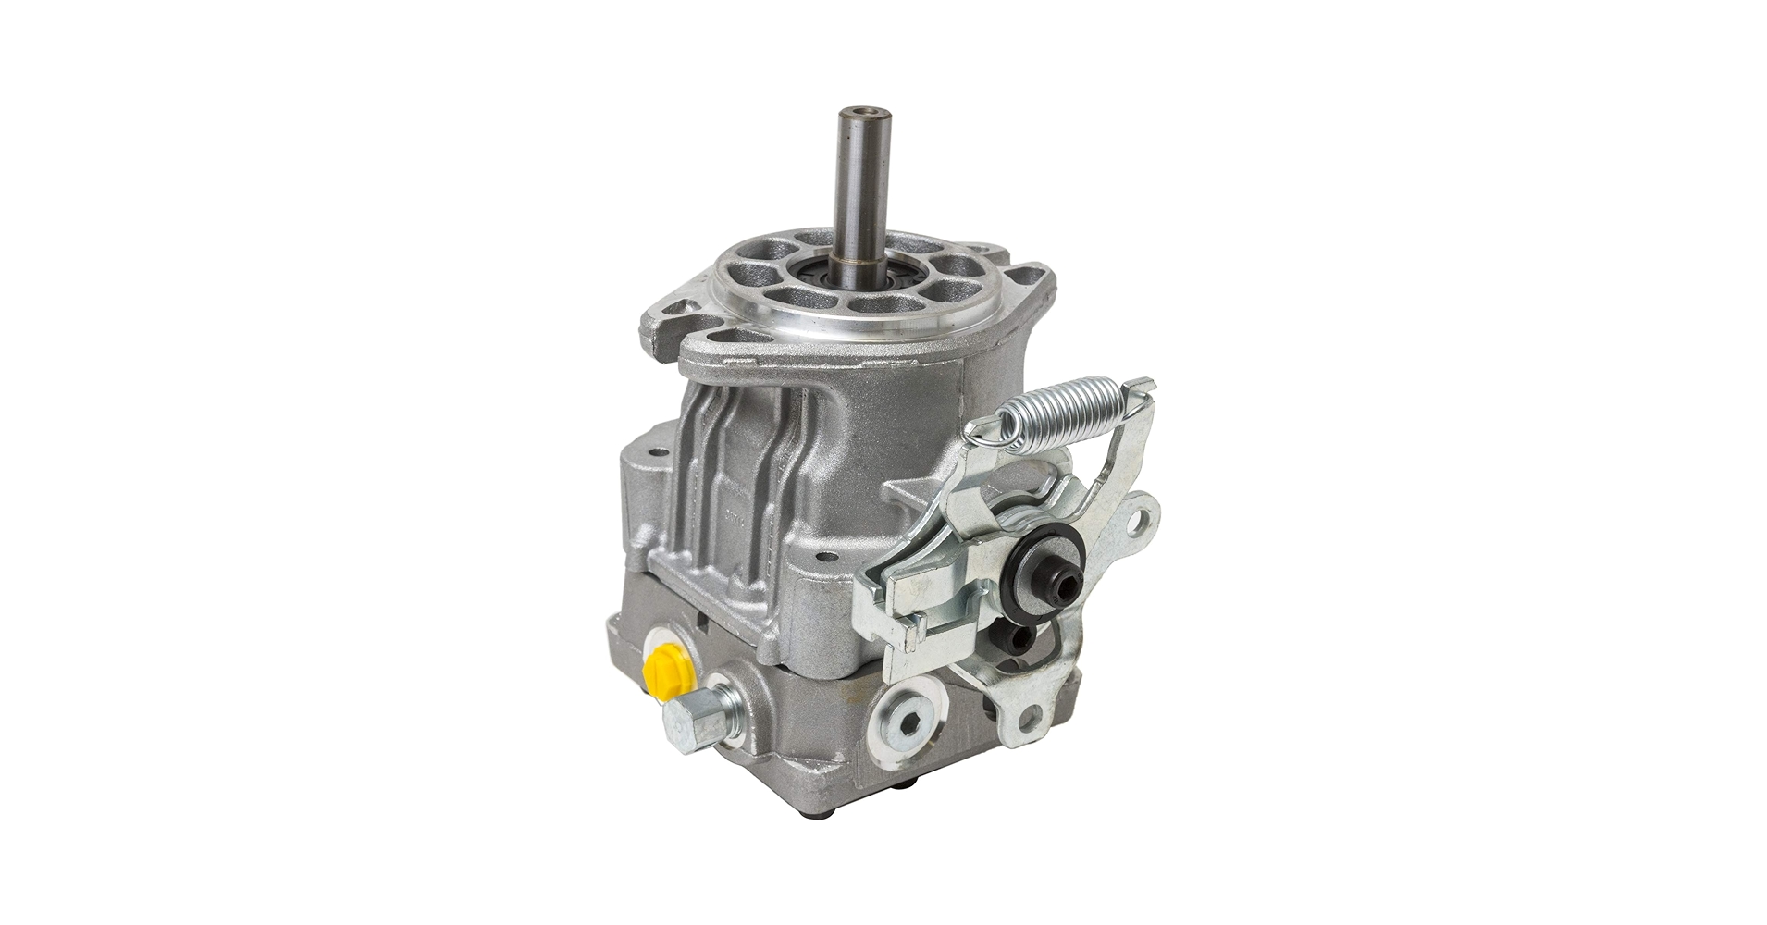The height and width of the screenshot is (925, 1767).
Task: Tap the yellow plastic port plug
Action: (659, 660)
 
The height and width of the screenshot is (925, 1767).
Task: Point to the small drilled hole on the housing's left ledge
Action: (658, 453)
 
